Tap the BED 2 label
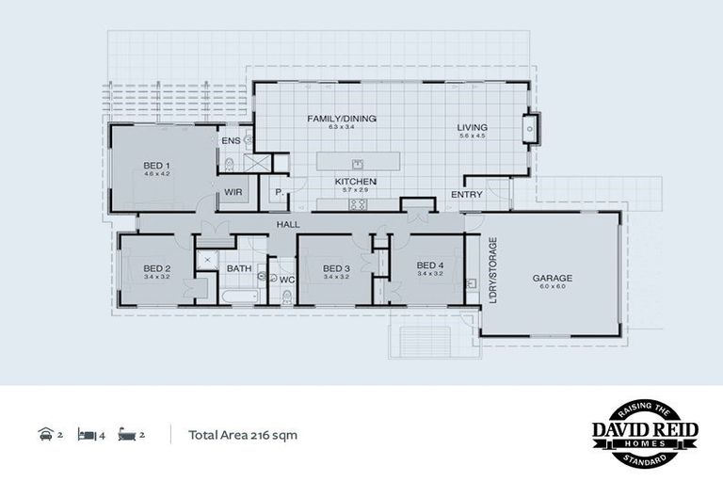tap(156, 267)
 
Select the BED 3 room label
tap(336, 267)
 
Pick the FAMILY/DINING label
tap(342, 119)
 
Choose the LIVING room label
tap(472, 128)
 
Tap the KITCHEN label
tap(356, 181)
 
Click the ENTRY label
tap(466, 195)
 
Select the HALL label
tap(287, 223)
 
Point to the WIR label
tap(233, 193)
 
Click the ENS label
tap(230, 141)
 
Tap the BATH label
tap(238, 268)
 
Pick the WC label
tap(287, 279)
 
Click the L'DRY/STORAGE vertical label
tap(492, 272)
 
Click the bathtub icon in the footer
tap(127, 435)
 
